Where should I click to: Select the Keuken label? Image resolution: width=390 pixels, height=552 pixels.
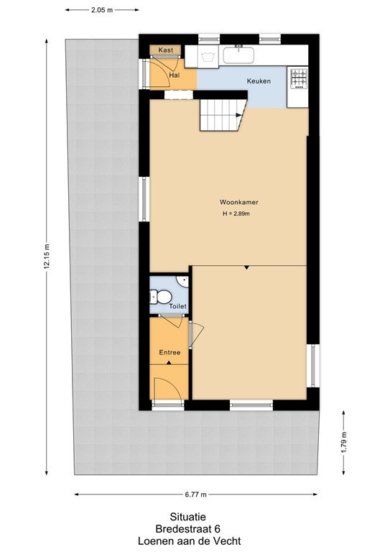pyautogui.click(x=259, y=81)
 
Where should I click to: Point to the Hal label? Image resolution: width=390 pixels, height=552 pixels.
pyautogui.click(x=174, y=74)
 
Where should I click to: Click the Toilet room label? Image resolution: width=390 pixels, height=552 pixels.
pyautogui.click(x=177, y=306)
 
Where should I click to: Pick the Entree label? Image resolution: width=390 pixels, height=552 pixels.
pyautogui.click(x=170, y=352)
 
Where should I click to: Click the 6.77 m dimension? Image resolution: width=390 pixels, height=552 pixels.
pyautogui.click(x=195, y=494)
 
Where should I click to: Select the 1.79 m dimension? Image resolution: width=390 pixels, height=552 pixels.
pyautogui.click(x=345, y=438)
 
